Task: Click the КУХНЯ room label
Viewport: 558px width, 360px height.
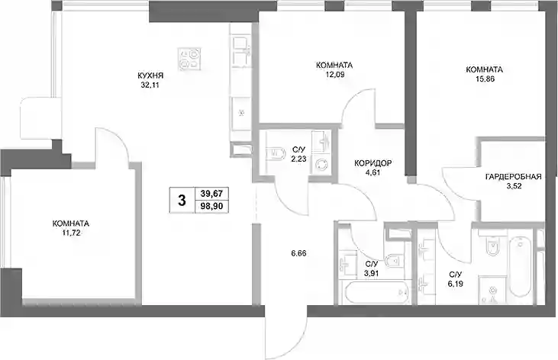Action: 150,76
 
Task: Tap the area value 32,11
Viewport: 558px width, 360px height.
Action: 150,85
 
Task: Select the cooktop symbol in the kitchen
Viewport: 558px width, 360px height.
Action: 189,59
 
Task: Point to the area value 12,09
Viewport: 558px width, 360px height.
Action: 334,75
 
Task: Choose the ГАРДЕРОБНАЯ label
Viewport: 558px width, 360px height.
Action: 513,177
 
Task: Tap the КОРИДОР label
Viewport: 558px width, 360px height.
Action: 373,163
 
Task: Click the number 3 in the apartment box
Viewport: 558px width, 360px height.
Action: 182,201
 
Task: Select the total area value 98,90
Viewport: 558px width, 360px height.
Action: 211,207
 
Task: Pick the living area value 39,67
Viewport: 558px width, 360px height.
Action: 211,194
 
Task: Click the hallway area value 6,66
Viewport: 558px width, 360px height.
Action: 298,254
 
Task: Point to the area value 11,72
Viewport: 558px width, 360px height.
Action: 71,233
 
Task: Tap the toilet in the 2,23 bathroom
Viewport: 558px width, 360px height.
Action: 276,153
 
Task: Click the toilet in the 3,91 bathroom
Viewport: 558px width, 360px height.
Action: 393,260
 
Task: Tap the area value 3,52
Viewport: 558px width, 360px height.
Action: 513,186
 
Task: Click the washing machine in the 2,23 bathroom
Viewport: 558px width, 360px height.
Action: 322,166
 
